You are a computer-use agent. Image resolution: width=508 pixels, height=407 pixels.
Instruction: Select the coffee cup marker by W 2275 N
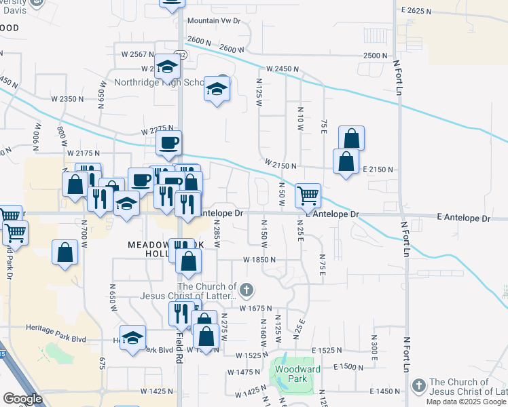click(168, 143)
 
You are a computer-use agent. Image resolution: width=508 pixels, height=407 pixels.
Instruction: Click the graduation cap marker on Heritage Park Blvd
click(133, 338)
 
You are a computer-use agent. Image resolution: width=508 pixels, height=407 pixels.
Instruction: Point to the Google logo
click(22, 399)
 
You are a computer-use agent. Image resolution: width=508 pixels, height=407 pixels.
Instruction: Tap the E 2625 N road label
click(417, 11)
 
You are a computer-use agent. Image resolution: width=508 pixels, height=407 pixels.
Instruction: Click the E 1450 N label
click(384, 391)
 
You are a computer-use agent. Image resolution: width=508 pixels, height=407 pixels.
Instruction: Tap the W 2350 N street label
click(67, 98)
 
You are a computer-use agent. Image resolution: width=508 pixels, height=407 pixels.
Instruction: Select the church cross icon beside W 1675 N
click(247, 290)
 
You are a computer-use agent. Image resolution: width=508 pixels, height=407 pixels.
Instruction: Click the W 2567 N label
click(138, 54)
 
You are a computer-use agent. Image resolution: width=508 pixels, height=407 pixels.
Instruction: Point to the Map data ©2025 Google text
click(466, 402)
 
